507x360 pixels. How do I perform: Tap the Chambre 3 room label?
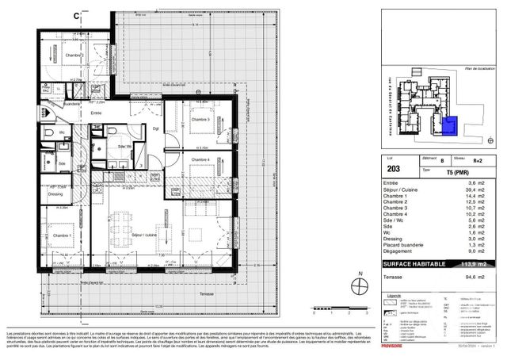[x=200, y=119]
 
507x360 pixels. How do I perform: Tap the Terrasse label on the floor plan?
[x=206, y=294]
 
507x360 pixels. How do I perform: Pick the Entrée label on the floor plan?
[x=96, y=114]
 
